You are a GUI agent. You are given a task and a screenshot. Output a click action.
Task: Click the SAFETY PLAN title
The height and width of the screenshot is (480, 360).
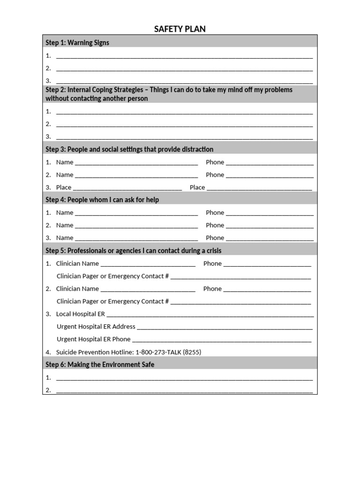[180, 29]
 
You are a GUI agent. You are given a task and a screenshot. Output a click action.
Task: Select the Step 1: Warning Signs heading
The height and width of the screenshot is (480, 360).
[77, 43]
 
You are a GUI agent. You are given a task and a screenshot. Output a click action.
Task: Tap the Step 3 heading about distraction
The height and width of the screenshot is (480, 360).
[129, 150]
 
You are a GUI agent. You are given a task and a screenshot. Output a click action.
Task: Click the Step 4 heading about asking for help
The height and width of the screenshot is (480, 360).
[102, 200]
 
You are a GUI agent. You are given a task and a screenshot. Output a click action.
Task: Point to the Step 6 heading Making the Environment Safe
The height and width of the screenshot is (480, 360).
[100, 365]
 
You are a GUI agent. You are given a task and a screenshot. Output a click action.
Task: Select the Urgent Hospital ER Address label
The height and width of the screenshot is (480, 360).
[96, 327]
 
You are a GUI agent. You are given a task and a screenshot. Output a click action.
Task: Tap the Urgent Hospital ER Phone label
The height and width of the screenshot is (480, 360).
[94, 339]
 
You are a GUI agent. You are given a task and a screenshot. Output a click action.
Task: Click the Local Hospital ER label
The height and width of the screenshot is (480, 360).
[81, 314]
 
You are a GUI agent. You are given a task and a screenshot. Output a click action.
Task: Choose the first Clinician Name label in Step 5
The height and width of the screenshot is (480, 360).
[77, 263]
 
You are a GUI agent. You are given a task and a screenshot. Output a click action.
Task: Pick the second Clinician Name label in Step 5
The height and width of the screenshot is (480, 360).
[77, 289]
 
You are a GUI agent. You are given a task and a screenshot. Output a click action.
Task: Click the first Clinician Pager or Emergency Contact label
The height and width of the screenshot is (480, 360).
[112, 276]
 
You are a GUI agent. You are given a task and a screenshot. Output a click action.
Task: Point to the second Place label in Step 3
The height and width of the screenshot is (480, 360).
[197, 187]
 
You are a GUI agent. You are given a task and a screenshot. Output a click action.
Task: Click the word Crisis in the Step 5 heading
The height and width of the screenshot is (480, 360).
[212, 251]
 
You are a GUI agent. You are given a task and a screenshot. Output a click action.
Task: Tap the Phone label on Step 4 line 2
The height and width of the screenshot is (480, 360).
[215, 225]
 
